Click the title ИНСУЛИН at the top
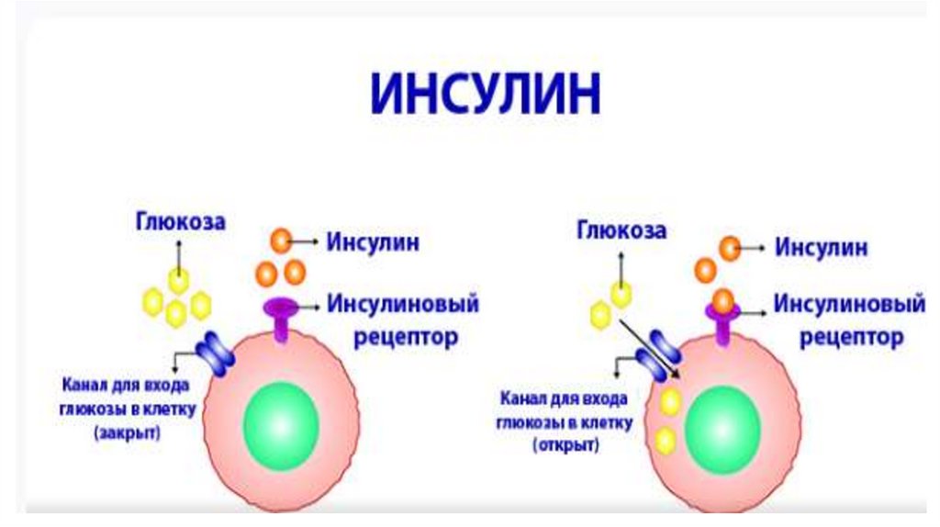486,95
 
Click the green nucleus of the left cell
281,424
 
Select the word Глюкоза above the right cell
621,229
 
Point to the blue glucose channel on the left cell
217,353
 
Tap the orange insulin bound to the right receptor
723,299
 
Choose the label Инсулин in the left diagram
373,242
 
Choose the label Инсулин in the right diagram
821,248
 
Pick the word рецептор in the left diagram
406,337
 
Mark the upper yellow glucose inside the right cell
670,402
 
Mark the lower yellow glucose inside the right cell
666,440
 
